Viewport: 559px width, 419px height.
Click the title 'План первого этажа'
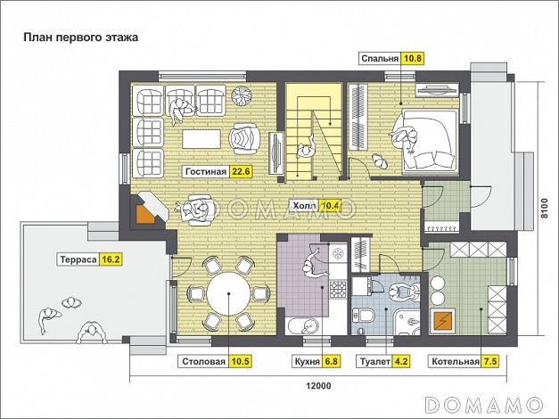click(80, 37)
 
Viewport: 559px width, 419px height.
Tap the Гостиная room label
click(206, 171)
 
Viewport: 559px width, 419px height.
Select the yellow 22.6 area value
click(241, 171)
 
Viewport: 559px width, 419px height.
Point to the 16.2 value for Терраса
click(111, 259)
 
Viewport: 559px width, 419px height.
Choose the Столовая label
click(204, 362)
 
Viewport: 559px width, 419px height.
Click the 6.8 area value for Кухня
click(331, 362)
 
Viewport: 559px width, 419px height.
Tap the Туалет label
click(375, 362)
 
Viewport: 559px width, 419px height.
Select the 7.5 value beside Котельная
click(489, 362)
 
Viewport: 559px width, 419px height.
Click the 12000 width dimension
click(318, 386)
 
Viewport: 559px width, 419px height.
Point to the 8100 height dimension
click(544, 209)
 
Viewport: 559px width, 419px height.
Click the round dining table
click(228, 294)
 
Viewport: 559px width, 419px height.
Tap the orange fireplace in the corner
click(146, 214)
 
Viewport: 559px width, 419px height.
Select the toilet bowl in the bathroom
click(365, 315)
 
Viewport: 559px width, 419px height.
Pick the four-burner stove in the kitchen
click(338, 289)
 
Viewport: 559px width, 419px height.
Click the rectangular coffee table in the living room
click(201, 139)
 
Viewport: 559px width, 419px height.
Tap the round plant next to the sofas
click(242, 94)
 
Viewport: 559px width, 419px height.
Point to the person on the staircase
click(306, 148)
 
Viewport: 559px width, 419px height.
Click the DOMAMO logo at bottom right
click(484, 405)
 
